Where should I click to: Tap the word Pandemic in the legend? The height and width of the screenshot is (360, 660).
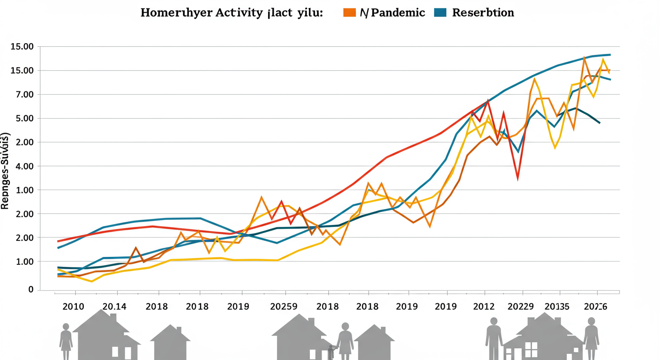click(392, 13)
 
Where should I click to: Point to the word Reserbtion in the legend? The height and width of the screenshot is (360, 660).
click(483, 13)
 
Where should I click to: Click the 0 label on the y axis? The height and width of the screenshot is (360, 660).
click(30, 290)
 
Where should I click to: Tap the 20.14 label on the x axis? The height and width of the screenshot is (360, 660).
click(114, 307)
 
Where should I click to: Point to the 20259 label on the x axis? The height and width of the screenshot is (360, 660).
click(284, 307)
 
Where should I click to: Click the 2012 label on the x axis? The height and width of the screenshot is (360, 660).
click(483, 307)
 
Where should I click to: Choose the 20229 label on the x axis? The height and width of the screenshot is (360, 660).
click(521, 307)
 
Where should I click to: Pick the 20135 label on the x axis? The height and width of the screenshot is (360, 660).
click(557, 307)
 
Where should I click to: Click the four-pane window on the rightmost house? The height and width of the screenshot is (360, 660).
click(531, 349)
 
